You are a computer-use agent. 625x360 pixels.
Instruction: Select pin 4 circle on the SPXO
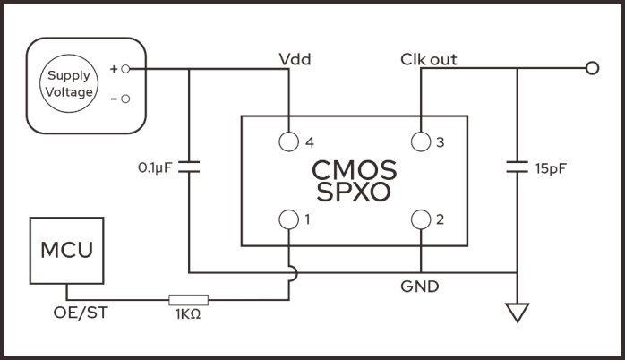(289, 141)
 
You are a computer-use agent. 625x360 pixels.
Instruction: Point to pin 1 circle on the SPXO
(289, 219)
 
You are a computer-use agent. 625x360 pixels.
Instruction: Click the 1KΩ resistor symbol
(188, 300)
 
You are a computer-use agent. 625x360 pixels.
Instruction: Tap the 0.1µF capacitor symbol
(190, 167)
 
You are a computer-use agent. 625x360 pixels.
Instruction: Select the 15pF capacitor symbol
(517, 167)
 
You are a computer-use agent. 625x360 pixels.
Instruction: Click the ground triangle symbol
(517, 313)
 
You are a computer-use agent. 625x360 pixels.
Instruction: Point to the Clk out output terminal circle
(590, 69)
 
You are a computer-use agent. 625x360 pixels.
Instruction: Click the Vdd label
(295, 60)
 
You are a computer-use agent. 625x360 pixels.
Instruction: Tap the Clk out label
(429, 60)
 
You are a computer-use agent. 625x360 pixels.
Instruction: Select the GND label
(419, 287)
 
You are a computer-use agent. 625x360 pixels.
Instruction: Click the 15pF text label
(551, 168)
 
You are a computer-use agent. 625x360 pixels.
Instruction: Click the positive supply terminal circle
(125, 69)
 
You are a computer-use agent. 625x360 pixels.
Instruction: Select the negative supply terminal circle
(125, 99)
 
